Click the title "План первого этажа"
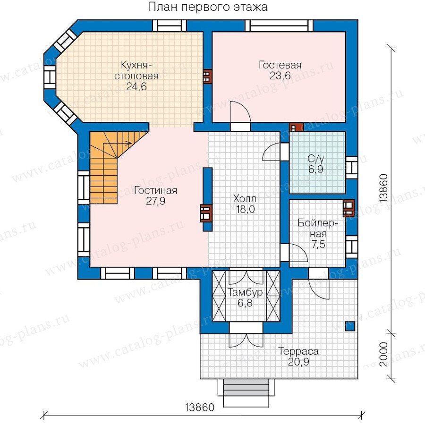point(207,7)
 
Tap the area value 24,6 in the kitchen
point(136,86)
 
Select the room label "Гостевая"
point(280,65)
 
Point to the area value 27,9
point(156,201)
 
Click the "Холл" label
point(245,199)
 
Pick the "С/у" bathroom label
point(316,159)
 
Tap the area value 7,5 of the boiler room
point(318,245)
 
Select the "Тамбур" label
point(245,292)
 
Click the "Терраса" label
point(298,351)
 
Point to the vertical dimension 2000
point(384,354)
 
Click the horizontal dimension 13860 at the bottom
point(200,408)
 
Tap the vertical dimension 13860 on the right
point(384,188)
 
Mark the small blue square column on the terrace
point(350,326)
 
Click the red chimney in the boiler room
point(348,208)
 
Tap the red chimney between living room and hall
point(206,213)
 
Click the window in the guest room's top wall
point(279,26)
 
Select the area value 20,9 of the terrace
point(298,362)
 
